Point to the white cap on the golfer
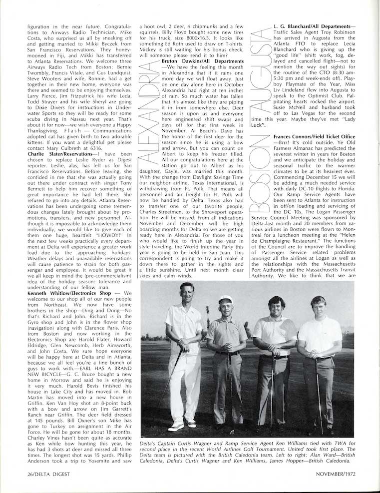click(225, 300)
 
